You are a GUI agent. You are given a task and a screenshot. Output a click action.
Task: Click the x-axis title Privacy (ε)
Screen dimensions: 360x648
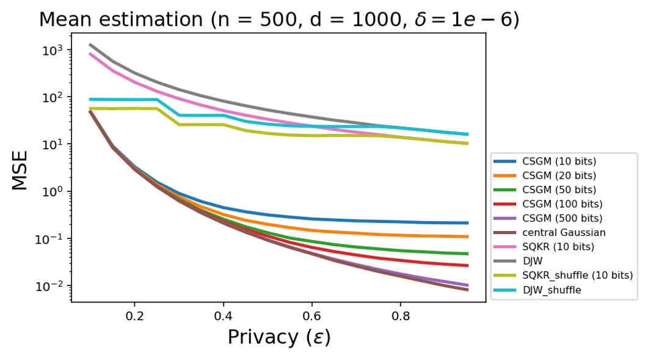click(x=278, y=337)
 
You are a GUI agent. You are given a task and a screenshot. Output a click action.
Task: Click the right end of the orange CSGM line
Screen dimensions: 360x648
click(x=468, y=237)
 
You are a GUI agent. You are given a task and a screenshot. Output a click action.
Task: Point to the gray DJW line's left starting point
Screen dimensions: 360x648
click(x=90, y=44)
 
